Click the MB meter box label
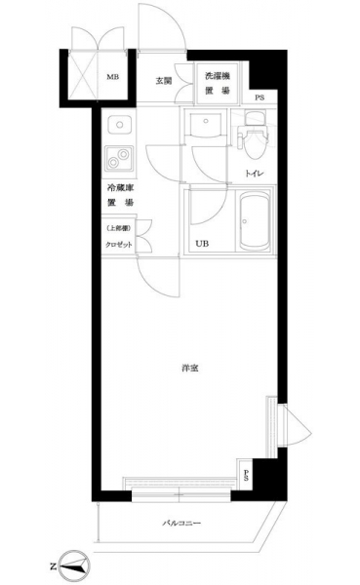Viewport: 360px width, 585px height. [x=113, y=77]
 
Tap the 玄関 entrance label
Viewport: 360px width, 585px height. [x=164, y=81]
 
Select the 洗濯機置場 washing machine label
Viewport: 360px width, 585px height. [x=217, y=83]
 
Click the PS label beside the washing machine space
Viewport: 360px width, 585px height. [x=260, y=97]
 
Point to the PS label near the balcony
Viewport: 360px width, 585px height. [x=246, y=475]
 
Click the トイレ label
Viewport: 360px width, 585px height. [x=255, y=174]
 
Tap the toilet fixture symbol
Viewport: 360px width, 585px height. [x=254, y=135]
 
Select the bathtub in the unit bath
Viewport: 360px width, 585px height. [x=255, y=221]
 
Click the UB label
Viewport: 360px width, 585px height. [x=202, y=244]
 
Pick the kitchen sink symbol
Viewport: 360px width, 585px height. [x=119, y=125]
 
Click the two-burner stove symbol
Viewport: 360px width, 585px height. [x=119, y=158]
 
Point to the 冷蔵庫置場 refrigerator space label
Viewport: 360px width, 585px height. [x=120, y=195]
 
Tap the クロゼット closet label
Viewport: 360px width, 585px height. [x=119, y=245]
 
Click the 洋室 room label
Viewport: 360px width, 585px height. [x=190, y=369]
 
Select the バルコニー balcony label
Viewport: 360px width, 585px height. [x=181, y=523]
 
